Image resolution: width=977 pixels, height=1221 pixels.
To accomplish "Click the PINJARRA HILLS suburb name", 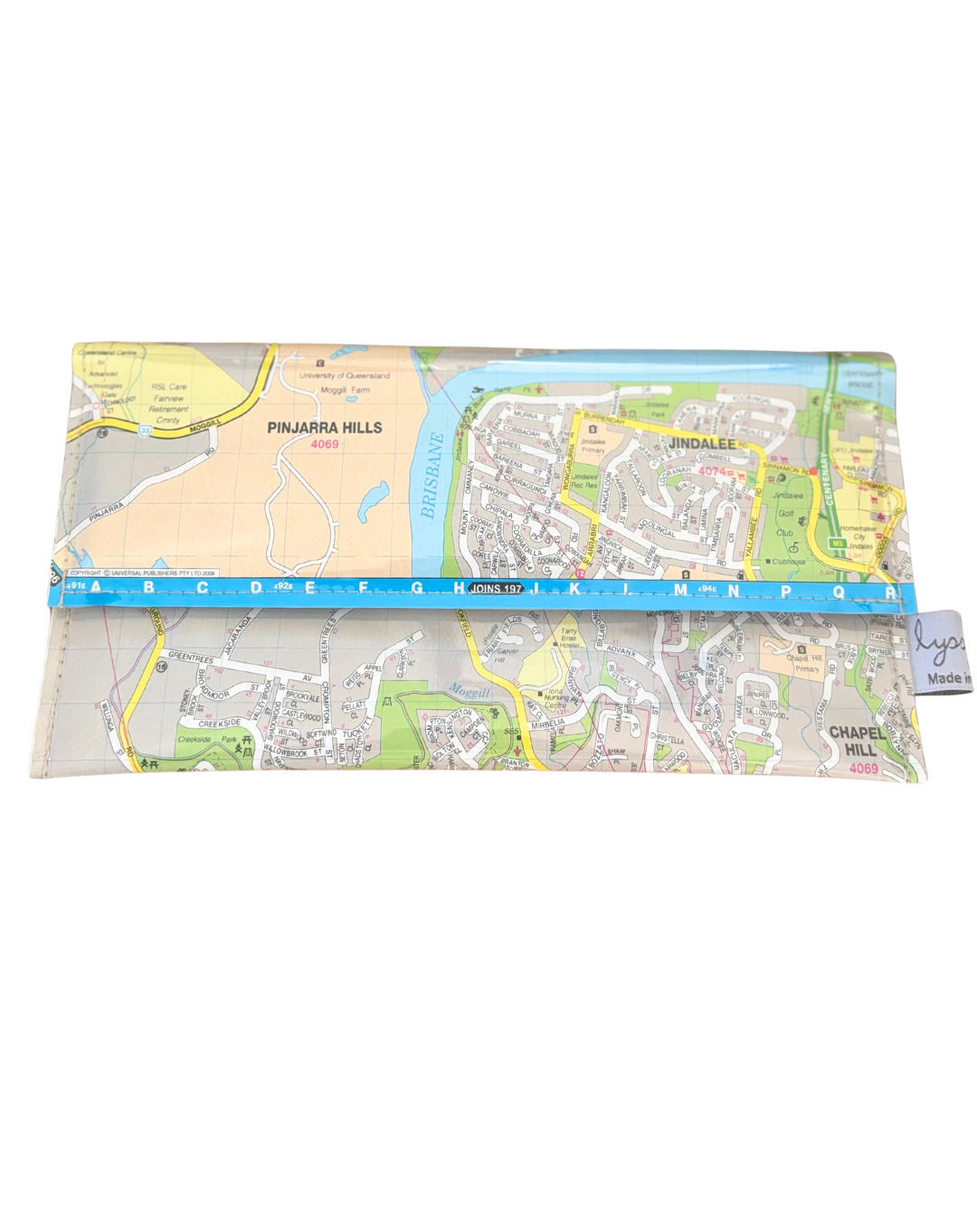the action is (324, 428).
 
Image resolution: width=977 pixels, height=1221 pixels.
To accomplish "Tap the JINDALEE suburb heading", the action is (702, 444).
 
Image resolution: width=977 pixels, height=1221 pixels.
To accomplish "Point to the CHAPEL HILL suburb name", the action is (853, 741).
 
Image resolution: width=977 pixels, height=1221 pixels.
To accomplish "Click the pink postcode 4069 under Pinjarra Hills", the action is (324, 445).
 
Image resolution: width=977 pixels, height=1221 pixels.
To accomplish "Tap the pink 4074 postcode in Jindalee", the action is (713, 471).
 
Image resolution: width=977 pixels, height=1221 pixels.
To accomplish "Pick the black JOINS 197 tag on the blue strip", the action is (496, 589).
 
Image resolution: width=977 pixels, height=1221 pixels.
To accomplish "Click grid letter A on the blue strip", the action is (96, 588).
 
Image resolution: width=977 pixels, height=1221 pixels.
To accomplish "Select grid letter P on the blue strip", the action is (785, 592).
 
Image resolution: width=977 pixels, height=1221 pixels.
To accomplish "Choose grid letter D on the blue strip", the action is (256, 588).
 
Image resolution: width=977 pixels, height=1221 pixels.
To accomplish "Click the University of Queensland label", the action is (345, 375).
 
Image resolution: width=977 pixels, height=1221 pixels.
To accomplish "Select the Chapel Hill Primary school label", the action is (802, 663).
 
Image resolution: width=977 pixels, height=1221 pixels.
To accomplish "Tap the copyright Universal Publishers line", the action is (143, 573).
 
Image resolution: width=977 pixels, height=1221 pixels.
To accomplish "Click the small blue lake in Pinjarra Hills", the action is (372, 500).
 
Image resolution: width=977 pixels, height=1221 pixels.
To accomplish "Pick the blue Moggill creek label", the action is (468, 693).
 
